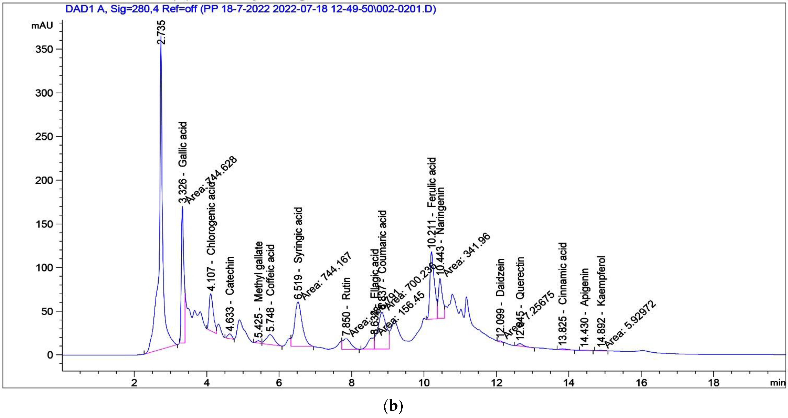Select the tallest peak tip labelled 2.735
point(161,37)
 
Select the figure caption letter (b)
point(393,406)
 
